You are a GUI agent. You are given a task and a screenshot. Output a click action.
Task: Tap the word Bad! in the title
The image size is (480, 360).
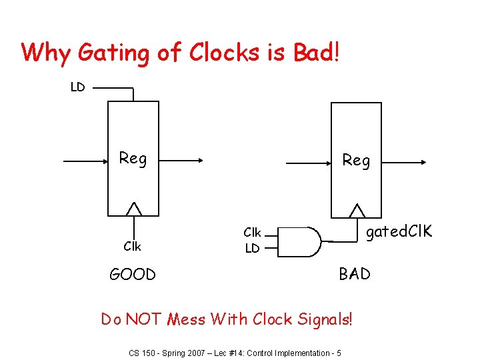coord(316,53)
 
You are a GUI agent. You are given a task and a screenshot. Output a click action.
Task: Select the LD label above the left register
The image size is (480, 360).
coord(78,87)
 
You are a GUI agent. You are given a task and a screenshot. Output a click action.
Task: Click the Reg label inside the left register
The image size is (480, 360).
coord(133,158)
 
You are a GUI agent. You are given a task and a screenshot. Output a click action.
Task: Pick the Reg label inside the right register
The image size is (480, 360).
coord(356,160)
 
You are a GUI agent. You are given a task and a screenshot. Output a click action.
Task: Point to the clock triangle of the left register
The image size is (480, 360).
coord(134,209)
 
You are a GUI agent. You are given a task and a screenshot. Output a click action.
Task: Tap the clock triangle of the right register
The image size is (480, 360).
coord(358,210)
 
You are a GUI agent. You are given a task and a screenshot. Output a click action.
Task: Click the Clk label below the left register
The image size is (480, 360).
coord(132,246)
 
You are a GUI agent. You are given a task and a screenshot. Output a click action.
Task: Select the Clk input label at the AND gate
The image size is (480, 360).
coord(252,233)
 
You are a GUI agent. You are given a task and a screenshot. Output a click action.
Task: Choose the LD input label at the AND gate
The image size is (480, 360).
coord(252,248)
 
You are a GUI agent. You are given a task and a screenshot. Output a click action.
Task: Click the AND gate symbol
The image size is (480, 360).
coord(300,241)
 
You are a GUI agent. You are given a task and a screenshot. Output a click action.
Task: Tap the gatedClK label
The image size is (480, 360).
coord(399,231)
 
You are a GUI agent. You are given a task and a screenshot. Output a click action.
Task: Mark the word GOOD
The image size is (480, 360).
coord(133,274)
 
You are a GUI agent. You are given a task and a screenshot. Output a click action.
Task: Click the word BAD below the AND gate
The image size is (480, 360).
coord(355,273)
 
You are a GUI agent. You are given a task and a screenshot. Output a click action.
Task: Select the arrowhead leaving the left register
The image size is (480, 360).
coord(199,161)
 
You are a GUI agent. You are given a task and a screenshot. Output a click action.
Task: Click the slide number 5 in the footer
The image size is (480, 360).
coord(339,353)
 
